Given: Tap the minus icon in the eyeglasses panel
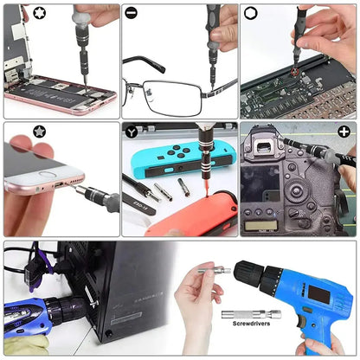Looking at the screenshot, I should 131,13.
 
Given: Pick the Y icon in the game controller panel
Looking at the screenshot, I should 131,132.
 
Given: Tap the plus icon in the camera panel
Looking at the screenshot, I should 344,132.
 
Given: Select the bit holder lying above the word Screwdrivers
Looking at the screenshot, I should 251,313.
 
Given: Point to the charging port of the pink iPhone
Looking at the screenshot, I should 58,184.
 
